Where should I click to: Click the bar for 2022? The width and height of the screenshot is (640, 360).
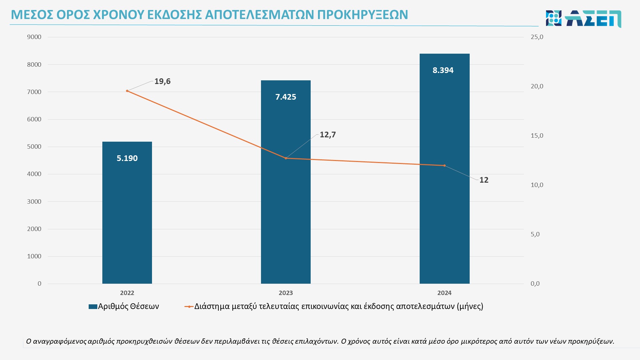pyautogui.click(x=127, y=213)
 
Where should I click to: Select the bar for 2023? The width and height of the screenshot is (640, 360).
pyautogui.click(x=286, y=200)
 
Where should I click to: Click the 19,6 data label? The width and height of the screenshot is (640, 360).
pyautogui.click(x=162, y=81)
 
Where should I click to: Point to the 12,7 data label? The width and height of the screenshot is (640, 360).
pyautogui.click(x=328, y=135)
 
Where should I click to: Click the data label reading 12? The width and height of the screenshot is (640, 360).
pyautogui.click(x=484, y=180)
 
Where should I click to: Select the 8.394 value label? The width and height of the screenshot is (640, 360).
pyautogui.click(x=443, y=70)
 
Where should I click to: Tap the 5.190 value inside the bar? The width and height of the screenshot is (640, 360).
pyautogui.click(x=127, y=158)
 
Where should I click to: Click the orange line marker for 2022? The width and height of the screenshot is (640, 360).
pyautogui.click(x=127, y=91)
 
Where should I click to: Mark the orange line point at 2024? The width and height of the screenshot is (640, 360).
pyautogui.click(x=444, y=165)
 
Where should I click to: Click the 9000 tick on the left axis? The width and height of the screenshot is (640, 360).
pyautogui.click(x=34, y=37)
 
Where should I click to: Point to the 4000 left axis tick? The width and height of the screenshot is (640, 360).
pyautogui.click(x=34, y=174)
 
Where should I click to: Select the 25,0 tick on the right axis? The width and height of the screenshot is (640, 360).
pyautogui.click(x=537, y=37)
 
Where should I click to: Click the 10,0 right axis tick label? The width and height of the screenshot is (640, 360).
pyautogui.click(x=537, y=185)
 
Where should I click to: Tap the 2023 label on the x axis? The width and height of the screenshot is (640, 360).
pyautogui.click(x=286, y=293)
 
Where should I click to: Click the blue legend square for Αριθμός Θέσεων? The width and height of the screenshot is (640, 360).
pyautogui.click(x=93, y=306)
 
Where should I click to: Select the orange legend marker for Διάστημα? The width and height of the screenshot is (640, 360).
pyautogui.click(x=189, y=306)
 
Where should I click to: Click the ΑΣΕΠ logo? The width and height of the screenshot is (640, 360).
pyautogui.click(x=583, y=18)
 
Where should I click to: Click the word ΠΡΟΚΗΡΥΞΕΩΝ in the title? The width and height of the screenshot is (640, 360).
pyautogui.click(x=362, y=15)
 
